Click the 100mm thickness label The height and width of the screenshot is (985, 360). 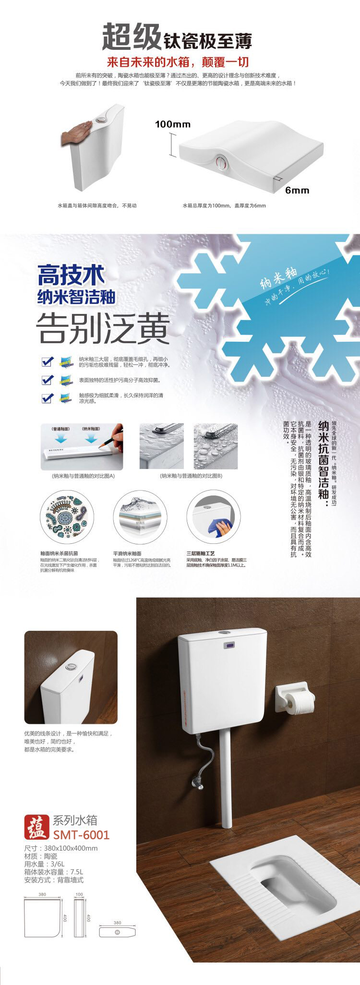click(172, 124)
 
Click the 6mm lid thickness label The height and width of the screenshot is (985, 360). click(297, 190)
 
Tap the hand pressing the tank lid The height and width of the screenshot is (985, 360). click(77, 129)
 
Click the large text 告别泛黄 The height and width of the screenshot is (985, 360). click(103, 329)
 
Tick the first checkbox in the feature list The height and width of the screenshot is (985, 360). click(47, 361)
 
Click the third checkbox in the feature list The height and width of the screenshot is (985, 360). click(47, 398)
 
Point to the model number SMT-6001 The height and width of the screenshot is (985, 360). click(82, 835)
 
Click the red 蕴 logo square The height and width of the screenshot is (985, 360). click(36, 827)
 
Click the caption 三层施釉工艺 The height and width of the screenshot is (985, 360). click(200, 553)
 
